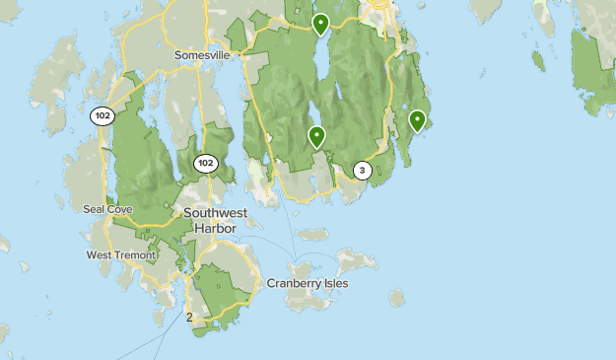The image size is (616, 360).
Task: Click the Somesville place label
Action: pos(202,55)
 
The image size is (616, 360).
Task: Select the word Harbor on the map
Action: pos(218,227)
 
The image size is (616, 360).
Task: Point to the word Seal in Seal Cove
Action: pos(95,209)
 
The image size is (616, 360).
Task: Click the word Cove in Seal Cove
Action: pos(119,209)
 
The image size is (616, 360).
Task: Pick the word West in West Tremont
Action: pos(101,255)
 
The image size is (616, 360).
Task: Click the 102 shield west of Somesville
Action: pos(102,115)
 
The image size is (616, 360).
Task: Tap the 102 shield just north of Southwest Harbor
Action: pos(205,163)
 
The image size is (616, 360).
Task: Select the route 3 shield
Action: pos(362,171)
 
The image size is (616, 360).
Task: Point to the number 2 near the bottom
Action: pos(189,317)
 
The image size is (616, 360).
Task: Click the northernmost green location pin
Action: pos(320,24)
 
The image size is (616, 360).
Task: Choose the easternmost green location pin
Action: pos(417,121)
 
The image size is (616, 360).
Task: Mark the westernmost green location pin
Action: pos(316,137)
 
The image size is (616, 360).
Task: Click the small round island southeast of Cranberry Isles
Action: pos(396,297)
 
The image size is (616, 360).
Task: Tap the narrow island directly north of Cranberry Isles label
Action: pos(312,235)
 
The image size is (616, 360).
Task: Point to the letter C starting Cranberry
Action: pos(271,283)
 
